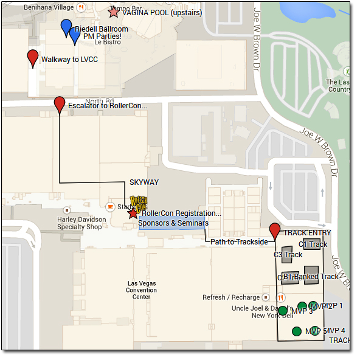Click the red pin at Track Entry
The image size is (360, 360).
pos(275,230)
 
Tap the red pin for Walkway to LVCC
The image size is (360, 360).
pos(33,58)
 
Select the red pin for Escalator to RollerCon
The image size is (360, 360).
pos(60,104)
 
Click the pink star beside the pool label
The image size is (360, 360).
pos(113,12)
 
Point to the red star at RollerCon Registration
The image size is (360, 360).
pos(133,213)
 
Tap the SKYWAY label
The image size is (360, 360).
pos(144,182)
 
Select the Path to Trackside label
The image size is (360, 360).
pos(240,241)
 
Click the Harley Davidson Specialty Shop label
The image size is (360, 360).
pos(80,223)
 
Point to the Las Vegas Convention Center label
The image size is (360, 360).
pos(142,290)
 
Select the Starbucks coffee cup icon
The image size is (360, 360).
pos(110,207)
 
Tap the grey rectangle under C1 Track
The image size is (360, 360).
pos(313,245)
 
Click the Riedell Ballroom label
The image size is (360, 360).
pos(102,29)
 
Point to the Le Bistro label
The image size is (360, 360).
pos(108,42)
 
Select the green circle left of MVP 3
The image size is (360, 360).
pos(282,311)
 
